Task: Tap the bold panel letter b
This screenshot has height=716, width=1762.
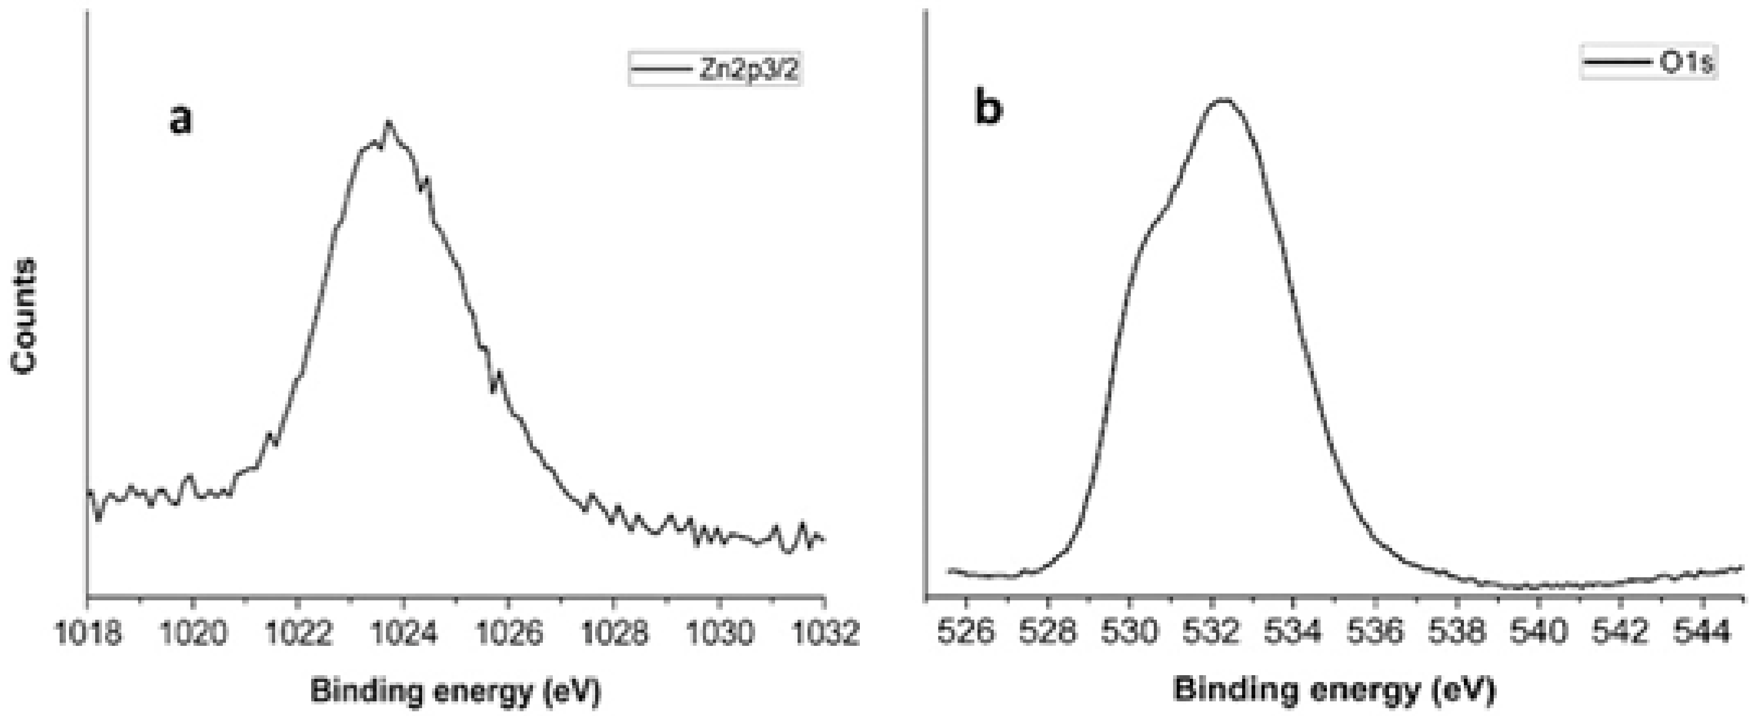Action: pyautogui.click(x=988, y=109)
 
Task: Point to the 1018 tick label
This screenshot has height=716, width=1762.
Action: pyautogui.click(x=87, y=634)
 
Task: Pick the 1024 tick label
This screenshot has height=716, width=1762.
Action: pyautogui.click(x=404, y=634)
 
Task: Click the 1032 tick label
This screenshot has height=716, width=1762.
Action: pyautogui.click(x=824, y=634)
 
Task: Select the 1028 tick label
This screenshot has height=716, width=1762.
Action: pyautogui.click(x=613, y=634)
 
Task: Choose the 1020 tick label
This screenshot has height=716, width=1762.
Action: pyautogui.click(x=193, y=634)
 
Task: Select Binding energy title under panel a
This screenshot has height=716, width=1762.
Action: pyautogui.click(x=456, y=691)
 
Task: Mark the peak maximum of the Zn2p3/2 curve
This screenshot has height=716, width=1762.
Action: pyautogui.click(x=389, y=123)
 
